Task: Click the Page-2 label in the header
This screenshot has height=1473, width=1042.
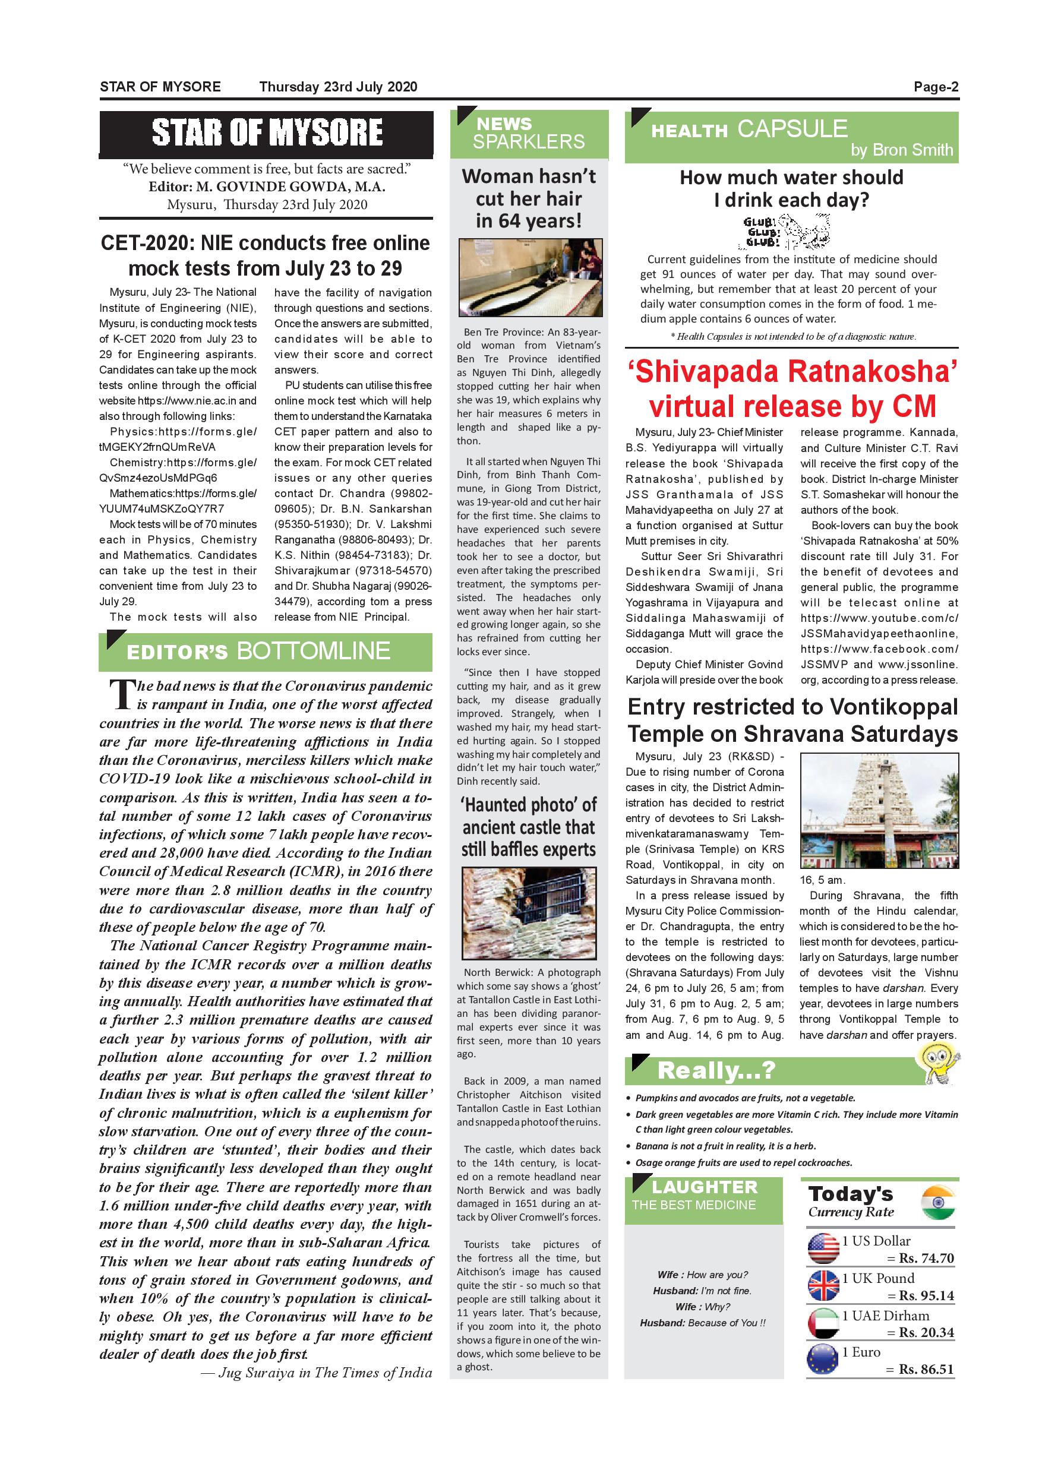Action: (x=936, y=87)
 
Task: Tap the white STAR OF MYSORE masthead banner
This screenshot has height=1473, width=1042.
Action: (x=267, y=133)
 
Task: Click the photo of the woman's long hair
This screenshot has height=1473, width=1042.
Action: (x=530, y=278)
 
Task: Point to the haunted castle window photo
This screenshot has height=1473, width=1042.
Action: (x=529, y=913)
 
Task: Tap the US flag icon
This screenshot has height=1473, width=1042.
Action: (x=823, y=1249)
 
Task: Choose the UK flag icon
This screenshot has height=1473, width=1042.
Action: (x=823, y=1286)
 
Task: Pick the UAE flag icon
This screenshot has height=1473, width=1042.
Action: (x=823, y=1323)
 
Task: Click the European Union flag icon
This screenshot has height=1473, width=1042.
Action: (x=823, y=1360)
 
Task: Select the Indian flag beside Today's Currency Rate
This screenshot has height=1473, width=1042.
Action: (x=937, y=1203)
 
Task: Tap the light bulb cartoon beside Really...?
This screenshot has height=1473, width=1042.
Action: (x=937, y=1063)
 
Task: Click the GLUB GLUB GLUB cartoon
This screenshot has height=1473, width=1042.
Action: (x=786, y=232)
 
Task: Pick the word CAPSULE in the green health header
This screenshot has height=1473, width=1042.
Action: (x=792, y=129)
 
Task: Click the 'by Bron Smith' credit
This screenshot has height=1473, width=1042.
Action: (x=901, y=150)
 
